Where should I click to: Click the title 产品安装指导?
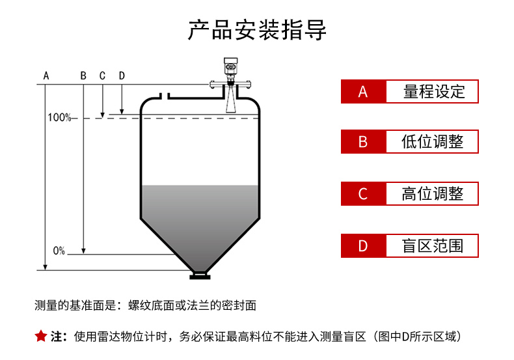click(x=257, y=30)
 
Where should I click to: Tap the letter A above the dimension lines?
click(x=46, y=76)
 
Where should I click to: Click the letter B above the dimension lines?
click(x=83, y=76)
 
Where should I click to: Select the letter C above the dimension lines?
click(x=102, y=76)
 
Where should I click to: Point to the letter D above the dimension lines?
click(x=122, y=76)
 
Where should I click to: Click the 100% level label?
click(x=59, y=118)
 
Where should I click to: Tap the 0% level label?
click(x=59, y=251)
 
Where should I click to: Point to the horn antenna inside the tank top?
click(x=230, y=102)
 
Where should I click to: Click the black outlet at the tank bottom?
click(x=200, y=276)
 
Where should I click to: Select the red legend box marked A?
click(x=363, y=92)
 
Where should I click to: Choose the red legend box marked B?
click(x=363, y=141)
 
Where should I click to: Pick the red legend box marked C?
click(x=363, y=193)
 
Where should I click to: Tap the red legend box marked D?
click(x=363, y=245)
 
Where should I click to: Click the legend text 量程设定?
click(x=434, y=92)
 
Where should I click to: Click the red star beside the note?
click(x=41, y=336)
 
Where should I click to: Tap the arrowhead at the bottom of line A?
click(x=46, y=266)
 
